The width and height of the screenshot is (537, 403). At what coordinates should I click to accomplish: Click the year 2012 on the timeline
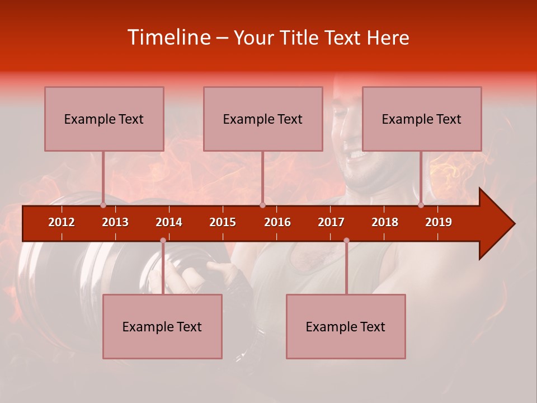click(62, 222)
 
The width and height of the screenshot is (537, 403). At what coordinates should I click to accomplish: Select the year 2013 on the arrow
click(115, 222)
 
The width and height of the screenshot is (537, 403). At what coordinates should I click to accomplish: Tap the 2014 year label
click(169, 222)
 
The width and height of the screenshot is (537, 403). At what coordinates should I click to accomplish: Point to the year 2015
click(223, 222)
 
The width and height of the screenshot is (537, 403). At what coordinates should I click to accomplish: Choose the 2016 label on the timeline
click(277, 222)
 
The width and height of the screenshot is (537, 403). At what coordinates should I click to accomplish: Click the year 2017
click(331, 222)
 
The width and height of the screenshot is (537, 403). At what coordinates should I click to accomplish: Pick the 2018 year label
click(385, 222)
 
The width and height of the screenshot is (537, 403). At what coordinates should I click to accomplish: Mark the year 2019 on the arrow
click(439, 222)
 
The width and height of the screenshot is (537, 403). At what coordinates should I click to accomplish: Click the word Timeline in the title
click(168, 38)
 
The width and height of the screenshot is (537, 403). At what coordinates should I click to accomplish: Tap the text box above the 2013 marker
click(104, 119)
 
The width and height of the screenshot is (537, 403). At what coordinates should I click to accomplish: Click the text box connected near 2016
click(263, 119)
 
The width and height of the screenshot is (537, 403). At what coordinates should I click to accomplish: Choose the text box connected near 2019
click(422, 119)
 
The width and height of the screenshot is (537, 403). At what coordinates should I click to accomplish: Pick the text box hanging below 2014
click(162, 326)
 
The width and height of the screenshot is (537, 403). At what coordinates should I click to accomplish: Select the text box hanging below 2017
click(346, 326)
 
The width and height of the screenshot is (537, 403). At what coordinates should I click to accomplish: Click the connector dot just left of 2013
click(103, 205)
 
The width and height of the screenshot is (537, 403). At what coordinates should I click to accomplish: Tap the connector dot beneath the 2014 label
click(163, 240)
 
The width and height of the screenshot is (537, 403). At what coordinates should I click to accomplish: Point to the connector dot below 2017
click(346, 240)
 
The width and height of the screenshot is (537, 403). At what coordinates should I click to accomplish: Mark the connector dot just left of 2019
click(421, 205)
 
